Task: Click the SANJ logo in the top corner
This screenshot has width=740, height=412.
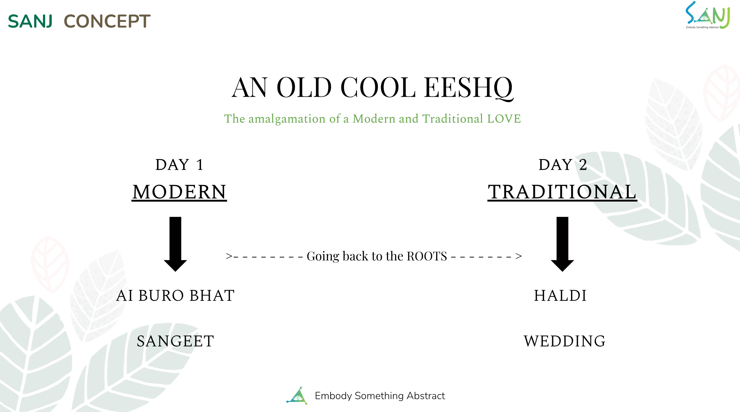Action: pyautogui.click(x=708, y=15)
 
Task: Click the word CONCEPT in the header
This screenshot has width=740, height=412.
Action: pyautogui.click(x=107, y=21)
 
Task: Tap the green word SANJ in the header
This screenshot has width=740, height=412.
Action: pyautogui.click(x=30, y=21)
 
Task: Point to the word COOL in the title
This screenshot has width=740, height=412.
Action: pyautogui.click(x=378, y=87)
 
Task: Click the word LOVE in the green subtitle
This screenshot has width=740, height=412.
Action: pyautogui.click(x=504, y=119)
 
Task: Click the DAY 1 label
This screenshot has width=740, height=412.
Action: pyautogui.click(x=180, y=165)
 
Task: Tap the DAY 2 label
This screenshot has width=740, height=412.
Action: pyautogui.click(x=563, y=165)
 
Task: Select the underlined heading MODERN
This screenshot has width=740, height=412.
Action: pyautogui.click(x=179, y=192)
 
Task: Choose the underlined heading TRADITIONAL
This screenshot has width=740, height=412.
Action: pyautogui.click(x=562, y=192)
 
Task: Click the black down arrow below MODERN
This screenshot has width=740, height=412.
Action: pyautogui.click(x=175, y=244)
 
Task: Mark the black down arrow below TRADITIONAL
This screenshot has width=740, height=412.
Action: pyautogui.click(x=563, y=244)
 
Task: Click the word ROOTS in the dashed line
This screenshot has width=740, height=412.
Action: pyautogui.click(x=427, y=256)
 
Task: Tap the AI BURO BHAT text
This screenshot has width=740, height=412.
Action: pyautogui.click(x=176, y=296)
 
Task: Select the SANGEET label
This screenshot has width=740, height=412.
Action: pyautogui.click(x=176, y=341)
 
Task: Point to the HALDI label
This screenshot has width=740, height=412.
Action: pyautogui.click(x=560, y=296)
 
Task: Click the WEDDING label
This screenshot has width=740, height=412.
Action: pyautogui.click(x=565, y=341)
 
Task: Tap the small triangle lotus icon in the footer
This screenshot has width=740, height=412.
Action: pyautogui.click(x=297, y=396)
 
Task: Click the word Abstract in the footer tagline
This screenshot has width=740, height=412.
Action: pyautogui.click(x=426, y=396)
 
